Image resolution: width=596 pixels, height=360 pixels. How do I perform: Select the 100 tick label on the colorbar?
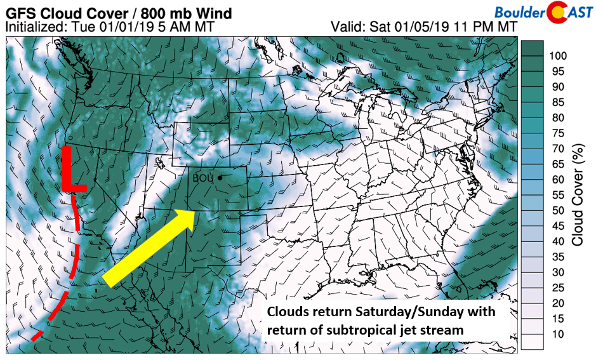click(557, 55)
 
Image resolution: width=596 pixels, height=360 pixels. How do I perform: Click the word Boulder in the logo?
click(518, 11)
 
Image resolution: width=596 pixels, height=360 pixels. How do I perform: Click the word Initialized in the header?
click(33, 27)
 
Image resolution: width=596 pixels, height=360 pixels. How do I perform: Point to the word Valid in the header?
click(345, 27)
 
